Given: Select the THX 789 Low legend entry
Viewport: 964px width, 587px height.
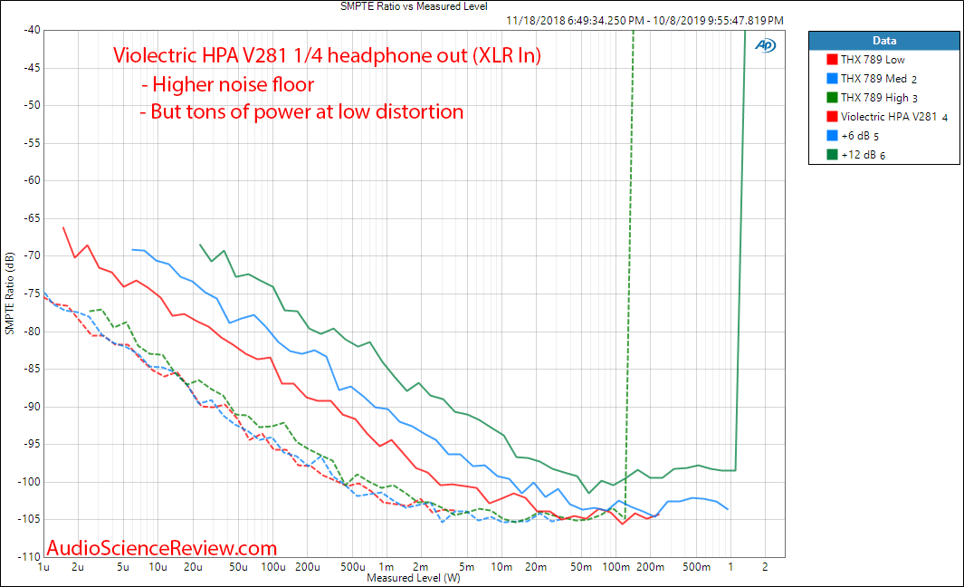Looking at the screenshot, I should pos(873,59).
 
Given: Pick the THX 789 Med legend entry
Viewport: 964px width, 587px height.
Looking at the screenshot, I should pos(873,78).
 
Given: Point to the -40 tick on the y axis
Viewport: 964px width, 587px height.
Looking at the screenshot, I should pos(29,30).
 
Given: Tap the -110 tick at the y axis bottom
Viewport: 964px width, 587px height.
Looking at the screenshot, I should pos(27,556).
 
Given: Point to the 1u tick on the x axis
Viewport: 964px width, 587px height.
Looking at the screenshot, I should pos(43,567).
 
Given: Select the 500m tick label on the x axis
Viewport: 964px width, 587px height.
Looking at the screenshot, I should pos(696,567).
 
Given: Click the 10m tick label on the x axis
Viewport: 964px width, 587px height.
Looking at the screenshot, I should pos(501,567).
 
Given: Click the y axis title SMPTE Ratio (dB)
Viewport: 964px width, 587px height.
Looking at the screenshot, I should pos(9,293).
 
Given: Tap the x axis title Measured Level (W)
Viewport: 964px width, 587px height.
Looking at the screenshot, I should pos(414,577).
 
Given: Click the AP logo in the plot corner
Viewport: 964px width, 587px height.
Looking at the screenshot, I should pos(765,44).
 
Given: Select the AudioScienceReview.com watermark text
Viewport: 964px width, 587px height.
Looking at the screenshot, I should pos(161,547).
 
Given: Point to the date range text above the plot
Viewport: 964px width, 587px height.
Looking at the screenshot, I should pos(644,20).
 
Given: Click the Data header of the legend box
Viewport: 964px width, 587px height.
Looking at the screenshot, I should pos(884,40).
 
